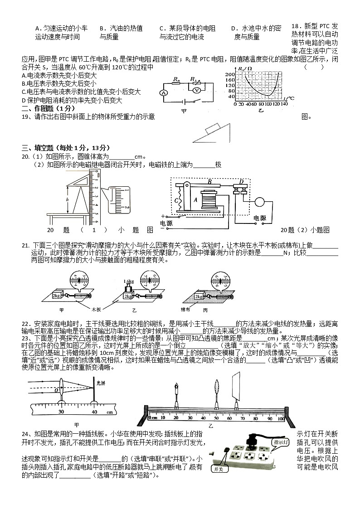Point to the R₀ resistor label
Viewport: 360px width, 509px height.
(x=176, y=79)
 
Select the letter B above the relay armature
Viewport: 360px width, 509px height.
(x=209, y=181)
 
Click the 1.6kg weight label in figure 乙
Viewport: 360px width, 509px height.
(x=129, y=281)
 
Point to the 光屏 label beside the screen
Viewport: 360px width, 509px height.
(x=101, y=383)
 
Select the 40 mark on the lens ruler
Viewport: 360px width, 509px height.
(x=94, y=412)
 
